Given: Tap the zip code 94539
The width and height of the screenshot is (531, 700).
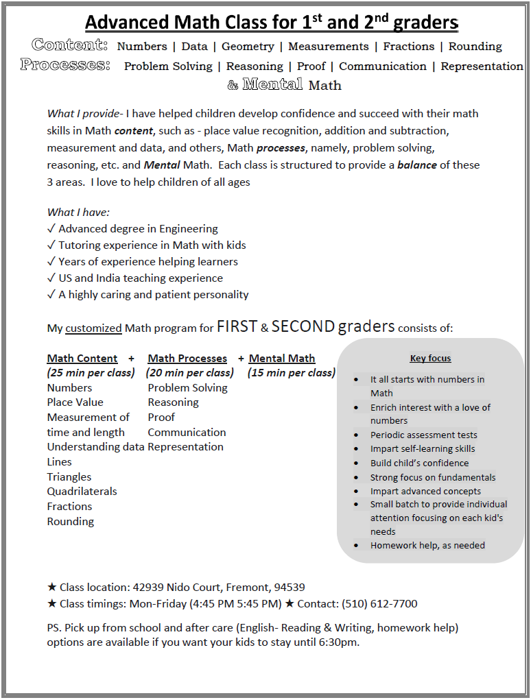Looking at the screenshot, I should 290,588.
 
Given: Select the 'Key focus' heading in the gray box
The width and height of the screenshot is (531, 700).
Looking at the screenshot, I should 430,358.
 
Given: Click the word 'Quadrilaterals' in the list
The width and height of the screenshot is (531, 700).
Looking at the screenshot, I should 82,492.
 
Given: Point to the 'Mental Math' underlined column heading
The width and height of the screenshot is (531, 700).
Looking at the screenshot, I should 282,359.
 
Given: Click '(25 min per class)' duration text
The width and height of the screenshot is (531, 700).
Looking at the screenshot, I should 91,373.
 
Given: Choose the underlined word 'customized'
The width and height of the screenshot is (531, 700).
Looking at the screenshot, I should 93,328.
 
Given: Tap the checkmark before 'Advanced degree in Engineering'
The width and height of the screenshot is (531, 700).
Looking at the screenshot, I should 51,229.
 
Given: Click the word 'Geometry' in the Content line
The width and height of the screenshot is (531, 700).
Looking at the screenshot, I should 248,47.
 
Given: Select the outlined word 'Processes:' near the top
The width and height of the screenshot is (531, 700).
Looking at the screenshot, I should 65,65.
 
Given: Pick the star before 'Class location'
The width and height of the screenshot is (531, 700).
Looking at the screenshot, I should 52,588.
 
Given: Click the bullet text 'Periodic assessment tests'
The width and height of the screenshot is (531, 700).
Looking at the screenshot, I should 423,435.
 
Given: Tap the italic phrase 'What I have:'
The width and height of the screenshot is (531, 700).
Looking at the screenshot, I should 78,213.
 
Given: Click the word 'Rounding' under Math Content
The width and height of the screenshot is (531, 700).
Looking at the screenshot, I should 71,522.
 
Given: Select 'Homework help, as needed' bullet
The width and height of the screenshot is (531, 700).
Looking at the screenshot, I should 427,546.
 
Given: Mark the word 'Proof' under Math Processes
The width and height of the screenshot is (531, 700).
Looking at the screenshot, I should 161,418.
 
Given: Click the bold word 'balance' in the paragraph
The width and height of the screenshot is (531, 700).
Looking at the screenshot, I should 417,165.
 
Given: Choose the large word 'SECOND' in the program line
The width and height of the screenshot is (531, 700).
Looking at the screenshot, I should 303,326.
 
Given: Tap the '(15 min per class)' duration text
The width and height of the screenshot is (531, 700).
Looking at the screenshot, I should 292,373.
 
